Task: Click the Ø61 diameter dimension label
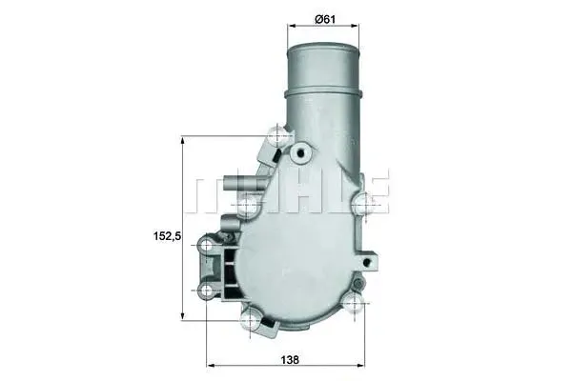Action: point(325,19)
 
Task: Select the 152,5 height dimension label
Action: point(167,236)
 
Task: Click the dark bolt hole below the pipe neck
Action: point(301,153)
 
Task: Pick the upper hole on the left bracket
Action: point(207,246)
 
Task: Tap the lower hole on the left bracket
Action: point(207,291)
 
